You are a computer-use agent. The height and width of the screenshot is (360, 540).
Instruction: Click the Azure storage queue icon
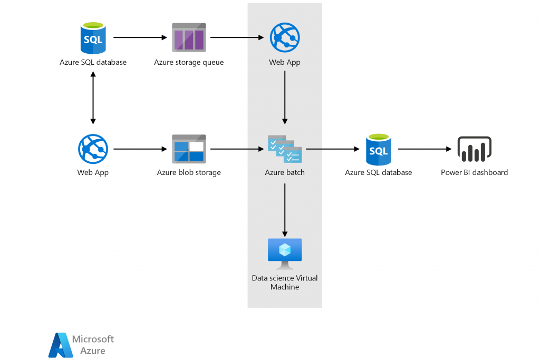pyautogui.click(x=189, y=38)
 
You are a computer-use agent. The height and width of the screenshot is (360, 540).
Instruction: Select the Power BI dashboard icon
pyautogui.click(x=474, y=149)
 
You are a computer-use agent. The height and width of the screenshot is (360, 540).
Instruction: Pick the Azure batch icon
pyautogui.click(x=285, y=149)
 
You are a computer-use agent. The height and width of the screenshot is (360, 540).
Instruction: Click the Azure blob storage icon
pyautogui.click(x=189, y=149)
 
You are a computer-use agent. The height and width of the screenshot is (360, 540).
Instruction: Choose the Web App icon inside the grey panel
pyautogui.click(x=285, y=38)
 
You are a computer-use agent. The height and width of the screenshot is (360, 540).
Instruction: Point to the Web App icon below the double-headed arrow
pyautogui.click(x=93, y=149)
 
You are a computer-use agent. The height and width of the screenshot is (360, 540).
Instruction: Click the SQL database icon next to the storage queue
pyautogui.click(x=93, y=38)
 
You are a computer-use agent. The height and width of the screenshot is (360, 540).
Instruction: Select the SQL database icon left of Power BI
pyautogui.click(x=378, y=149)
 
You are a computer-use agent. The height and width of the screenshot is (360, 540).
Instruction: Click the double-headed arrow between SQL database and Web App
pyautogui.click(x=93, y=98)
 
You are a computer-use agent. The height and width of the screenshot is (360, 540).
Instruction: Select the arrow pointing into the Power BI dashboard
pyautogui.click(x=425, y=149)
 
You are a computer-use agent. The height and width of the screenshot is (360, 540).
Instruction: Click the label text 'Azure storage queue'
pyautogui.click(x=189, y=62)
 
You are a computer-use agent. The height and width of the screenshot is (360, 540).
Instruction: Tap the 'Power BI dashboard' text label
pyautogui.click(x=474, y=172)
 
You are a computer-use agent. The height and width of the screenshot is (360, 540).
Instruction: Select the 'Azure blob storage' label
pyautogui.click(x=189, y=172)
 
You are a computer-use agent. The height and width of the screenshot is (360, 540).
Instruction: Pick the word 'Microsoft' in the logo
pyautogui.click(x=93, y=339)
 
